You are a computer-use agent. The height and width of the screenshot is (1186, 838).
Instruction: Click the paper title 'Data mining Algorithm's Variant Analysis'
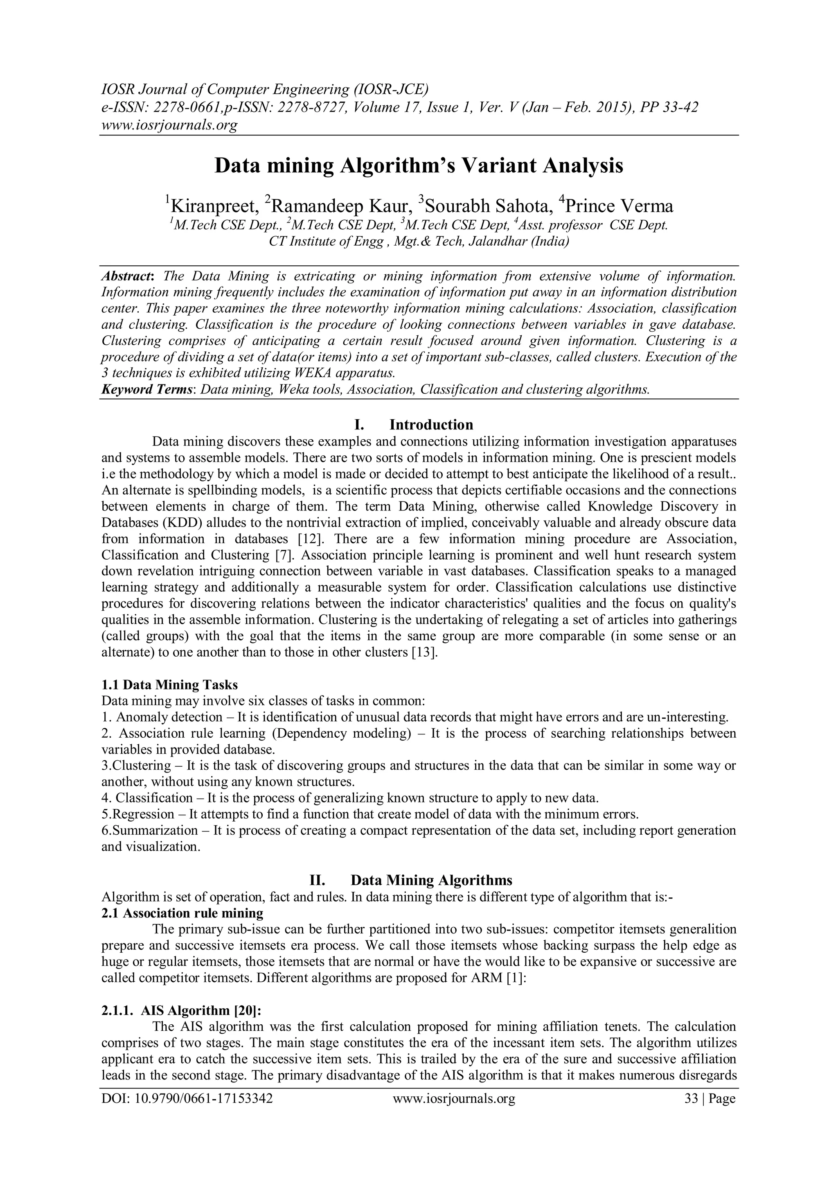click(419, 166)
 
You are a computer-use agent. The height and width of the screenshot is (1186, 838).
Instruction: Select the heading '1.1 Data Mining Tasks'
click(169, 685)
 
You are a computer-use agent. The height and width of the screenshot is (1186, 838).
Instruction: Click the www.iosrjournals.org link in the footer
click(454, 1099)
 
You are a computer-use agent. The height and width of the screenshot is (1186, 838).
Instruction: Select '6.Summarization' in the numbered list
click(149, 831)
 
